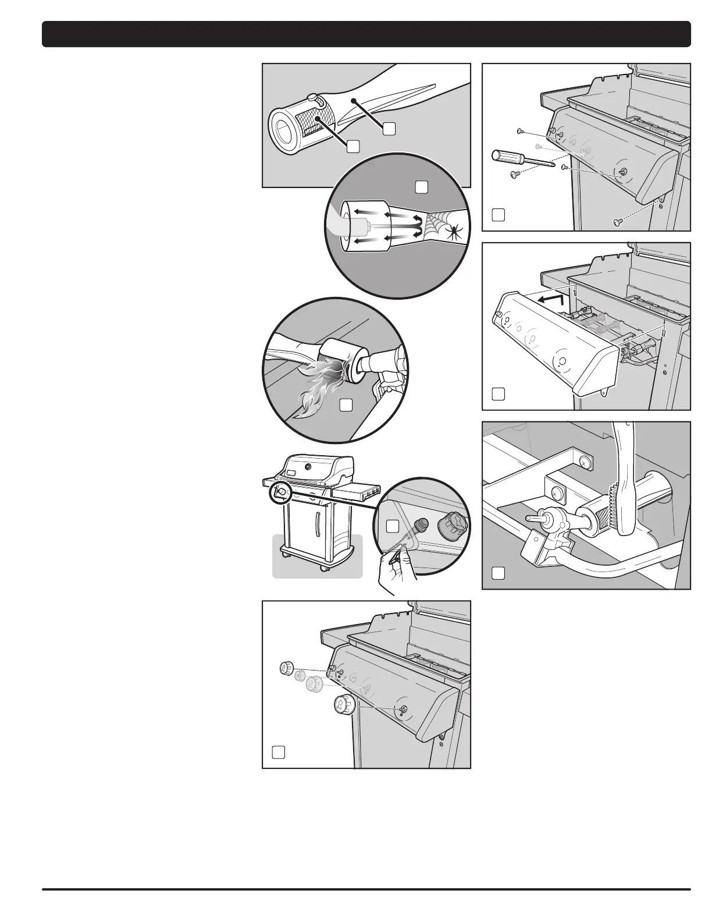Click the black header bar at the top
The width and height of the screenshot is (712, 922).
click(366, 34)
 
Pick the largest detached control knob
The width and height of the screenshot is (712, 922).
click(341, 705)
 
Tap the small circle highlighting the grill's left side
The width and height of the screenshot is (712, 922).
click(280, 492)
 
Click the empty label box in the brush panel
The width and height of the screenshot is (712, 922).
click(497, 573)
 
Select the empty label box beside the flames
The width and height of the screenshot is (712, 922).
click(346, 405)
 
